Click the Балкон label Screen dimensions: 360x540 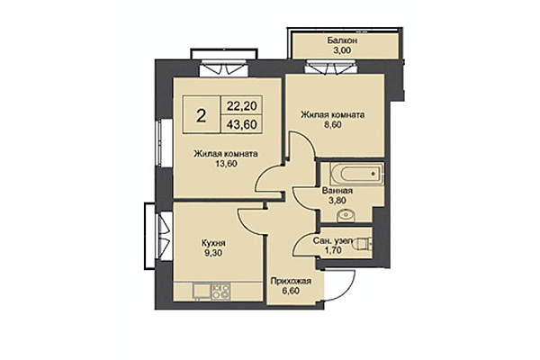342,40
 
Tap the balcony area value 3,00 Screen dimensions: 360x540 342,52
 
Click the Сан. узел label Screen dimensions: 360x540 337,242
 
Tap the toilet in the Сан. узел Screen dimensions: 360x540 363,242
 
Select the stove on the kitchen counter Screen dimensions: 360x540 218,291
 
